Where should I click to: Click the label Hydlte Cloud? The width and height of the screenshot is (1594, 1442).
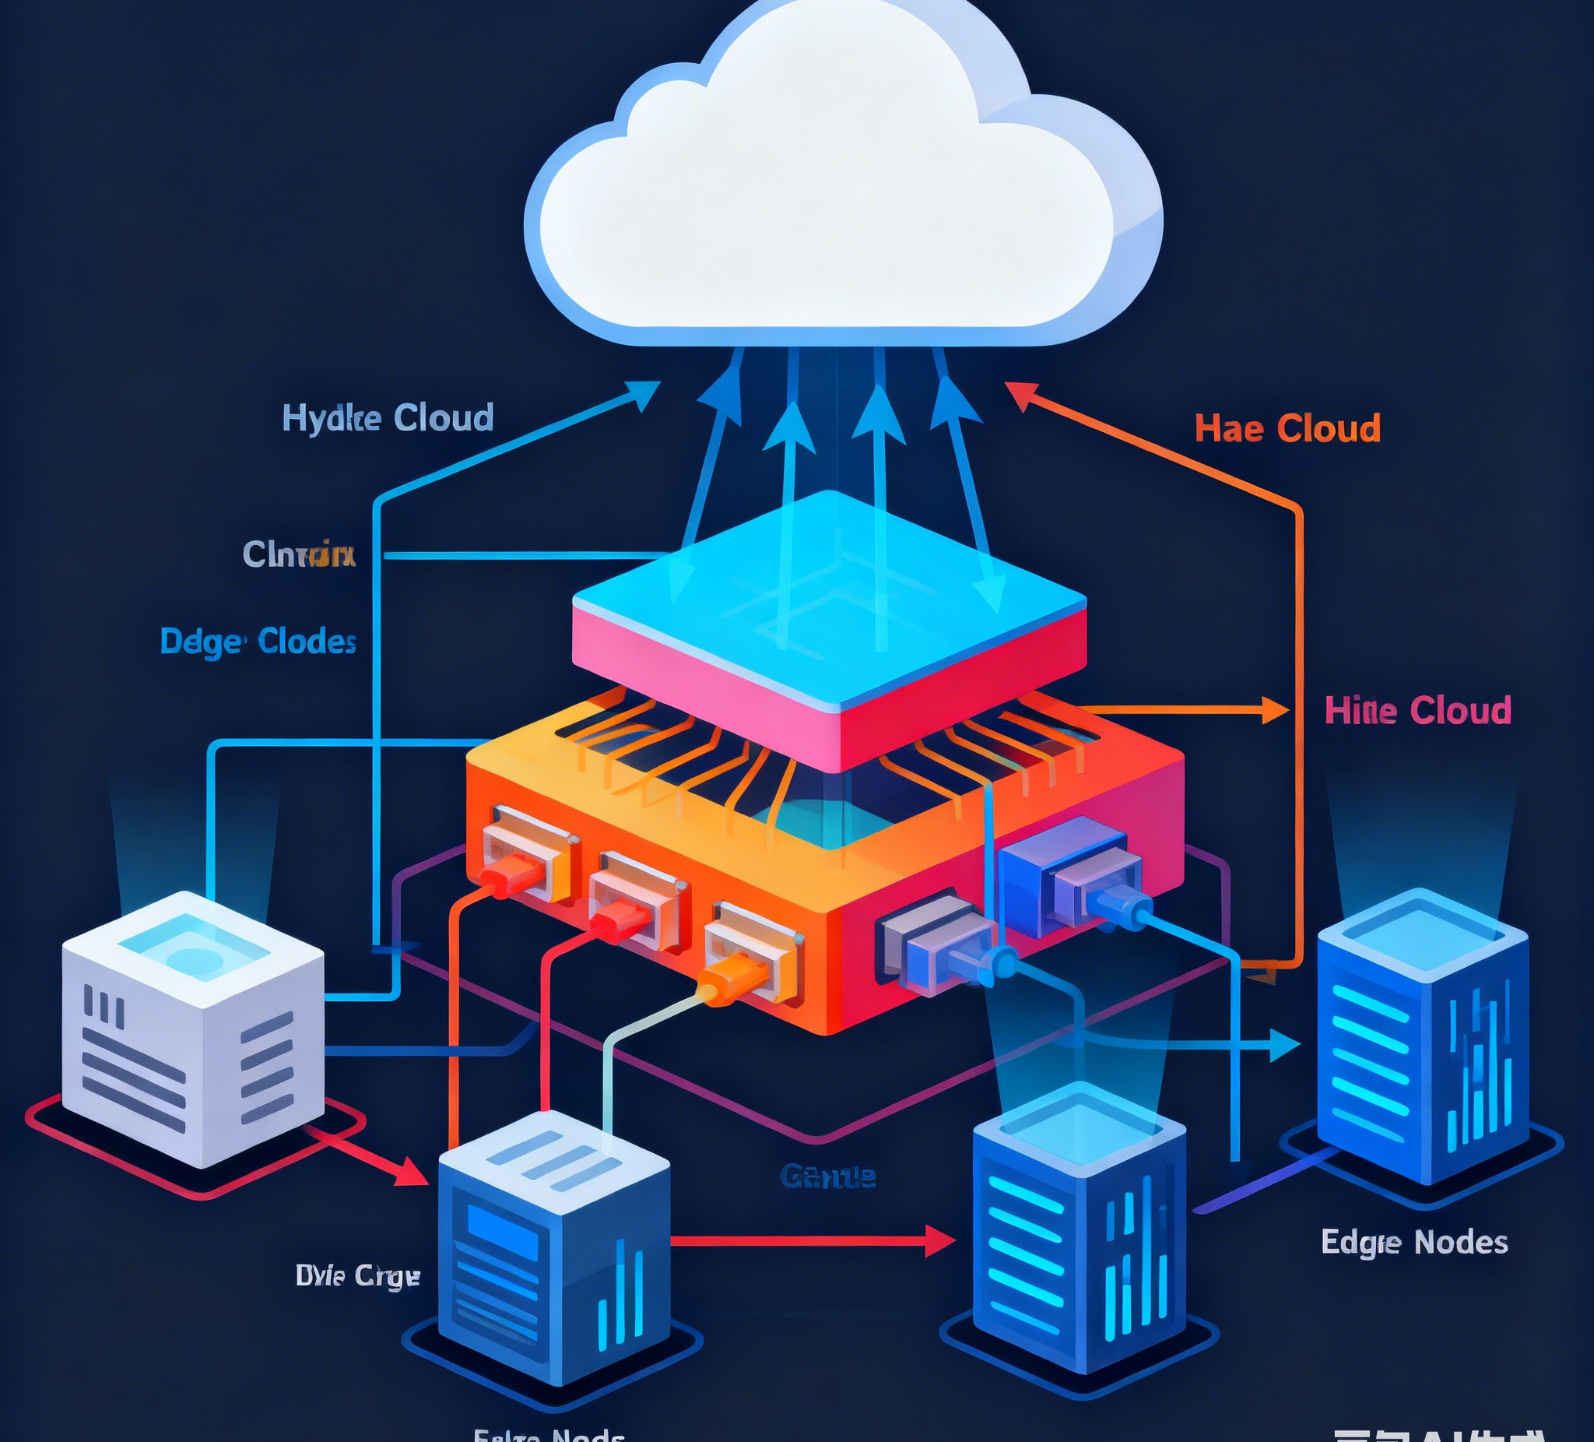click(x=388, y=417)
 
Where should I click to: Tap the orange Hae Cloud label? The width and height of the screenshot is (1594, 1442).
click(x=1287, y=429)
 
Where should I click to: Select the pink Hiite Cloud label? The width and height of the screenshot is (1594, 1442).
click(x=1417, y=710)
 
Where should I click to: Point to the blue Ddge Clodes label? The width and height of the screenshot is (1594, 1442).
click(x=258, y=642)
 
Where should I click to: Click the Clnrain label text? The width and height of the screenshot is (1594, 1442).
click(x=298, y=554)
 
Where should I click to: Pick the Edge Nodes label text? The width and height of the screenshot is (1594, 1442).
click(x=1413, y=1242)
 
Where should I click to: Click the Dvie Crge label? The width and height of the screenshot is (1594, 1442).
click(x=356, y=1275)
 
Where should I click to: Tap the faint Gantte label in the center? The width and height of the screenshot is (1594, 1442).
click(x=827, y=1177)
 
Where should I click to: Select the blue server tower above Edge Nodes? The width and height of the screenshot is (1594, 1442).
click(x=1422, y=1036)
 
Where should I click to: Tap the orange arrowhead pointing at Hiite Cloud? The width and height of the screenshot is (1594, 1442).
click(x=1275, y=710)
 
